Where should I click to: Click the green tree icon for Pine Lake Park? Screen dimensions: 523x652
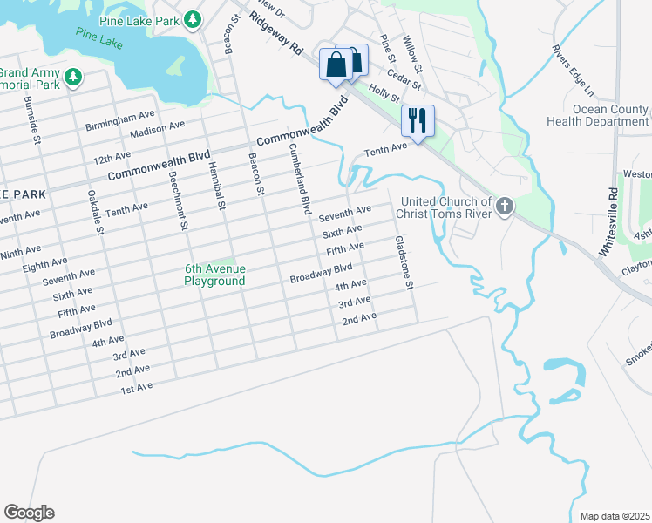[193, 19]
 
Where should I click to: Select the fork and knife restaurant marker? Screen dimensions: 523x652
[418, 119]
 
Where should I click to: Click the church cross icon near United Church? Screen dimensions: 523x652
[505, 207]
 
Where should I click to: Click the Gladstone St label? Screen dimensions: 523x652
[403, 262]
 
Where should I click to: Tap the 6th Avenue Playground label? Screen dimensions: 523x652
[214, 275]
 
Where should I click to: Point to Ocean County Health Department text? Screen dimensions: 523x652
[598, 115]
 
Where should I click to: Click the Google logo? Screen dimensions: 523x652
[29, 513]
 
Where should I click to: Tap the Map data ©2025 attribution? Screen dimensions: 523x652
[614, 516]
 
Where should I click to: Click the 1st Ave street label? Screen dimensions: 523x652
[137, 385]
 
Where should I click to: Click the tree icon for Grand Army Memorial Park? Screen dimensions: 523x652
[73, 78]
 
